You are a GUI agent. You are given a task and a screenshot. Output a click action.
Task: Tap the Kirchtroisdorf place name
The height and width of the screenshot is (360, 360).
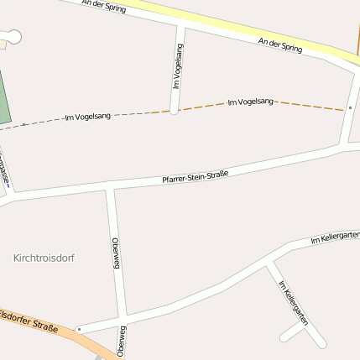(44, 258)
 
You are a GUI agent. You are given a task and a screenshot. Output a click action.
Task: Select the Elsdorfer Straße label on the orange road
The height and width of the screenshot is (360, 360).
(30, 321)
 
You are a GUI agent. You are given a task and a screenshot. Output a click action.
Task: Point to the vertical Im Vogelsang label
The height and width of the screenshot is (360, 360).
(178, 66)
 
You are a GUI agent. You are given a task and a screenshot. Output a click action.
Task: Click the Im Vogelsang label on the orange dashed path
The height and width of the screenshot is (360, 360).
(251, 102)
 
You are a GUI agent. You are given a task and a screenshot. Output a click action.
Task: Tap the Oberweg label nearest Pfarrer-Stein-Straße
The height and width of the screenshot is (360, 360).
(116, 252)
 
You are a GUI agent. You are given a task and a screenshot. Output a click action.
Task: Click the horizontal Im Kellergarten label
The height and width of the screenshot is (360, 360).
(334, 237)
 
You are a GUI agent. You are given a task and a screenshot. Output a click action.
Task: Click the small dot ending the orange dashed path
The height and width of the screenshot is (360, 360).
(349, 108)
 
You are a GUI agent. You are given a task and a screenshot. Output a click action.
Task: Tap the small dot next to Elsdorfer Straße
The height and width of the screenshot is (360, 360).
(78, 329)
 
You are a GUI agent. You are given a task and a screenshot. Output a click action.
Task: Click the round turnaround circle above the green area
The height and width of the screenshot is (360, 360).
(13, 35)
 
